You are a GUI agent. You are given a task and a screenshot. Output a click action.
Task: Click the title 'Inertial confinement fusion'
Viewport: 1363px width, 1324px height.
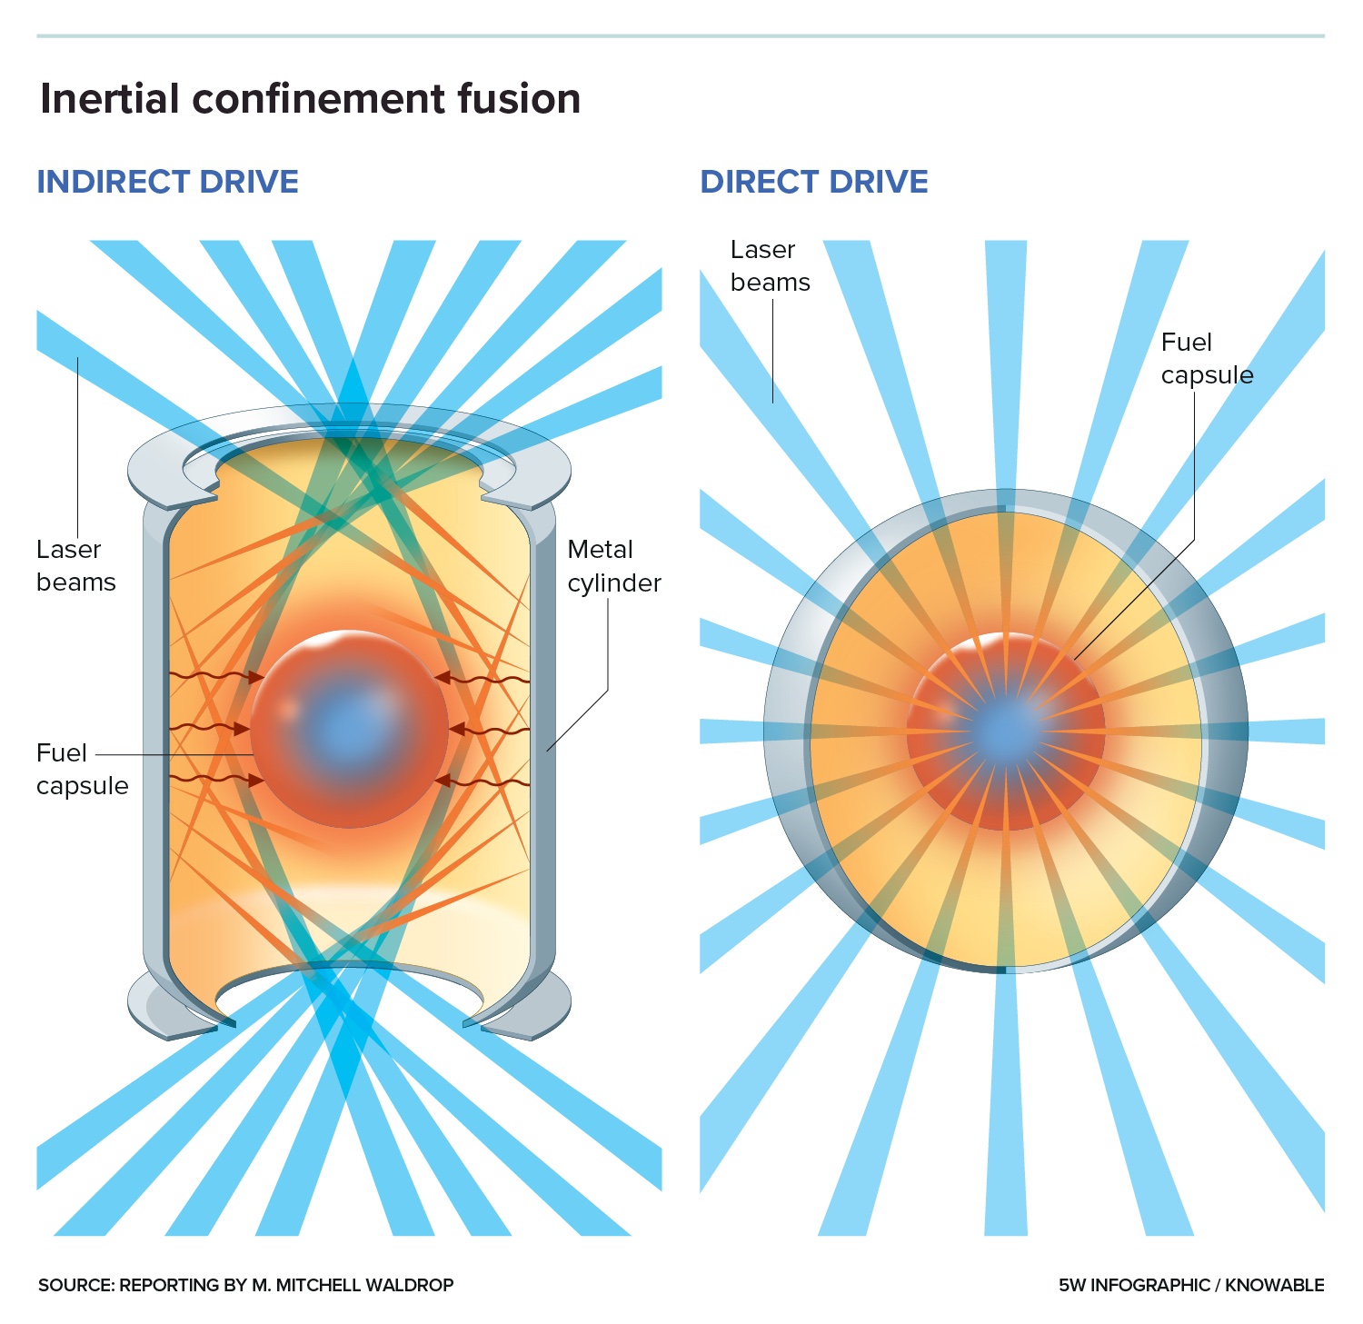(310, 98)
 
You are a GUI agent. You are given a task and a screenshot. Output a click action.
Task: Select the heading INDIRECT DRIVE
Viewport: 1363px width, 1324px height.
(167, 182)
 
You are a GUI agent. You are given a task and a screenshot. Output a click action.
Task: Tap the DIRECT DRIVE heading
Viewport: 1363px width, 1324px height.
(813, 182)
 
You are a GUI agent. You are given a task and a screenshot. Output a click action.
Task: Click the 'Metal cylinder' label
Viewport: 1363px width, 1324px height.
(613, 566)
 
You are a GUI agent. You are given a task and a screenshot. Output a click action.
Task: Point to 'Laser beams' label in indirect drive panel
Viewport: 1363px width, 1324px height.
(75, 565)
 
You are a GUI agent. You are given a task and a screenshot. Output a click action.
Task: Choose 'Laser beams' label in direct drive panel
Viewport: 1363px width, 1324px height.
(769, 265)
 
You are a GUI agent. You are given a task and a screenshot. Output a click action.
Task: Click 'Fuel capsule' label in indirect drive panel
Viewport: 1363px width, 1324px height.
(82, 769)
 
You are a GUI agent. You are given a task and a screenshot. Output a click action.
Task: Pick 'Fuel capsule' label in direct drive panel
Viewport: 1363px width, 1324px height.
(1206, 358)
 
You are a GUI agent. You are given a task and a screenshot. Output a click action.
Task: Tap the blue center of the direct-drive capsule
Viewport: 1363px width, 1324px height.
(1006, 729)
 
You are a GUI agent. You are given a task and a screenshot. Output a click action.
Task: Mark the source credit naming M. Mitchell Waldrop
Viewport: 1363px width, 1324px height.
(245, 1285)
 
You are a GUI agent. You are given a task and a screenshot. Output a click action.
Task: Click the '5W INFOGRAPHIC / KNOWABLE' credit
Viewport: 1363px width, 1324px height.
(1190, 1285)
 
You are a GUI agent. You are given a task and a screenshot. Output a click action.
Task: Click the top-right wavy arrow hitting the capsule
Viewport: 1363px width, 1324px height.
(483, 678)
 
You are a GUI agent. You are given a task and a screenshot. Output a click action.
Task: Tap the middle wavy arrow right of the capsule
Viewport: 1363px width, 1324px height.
(490, 729)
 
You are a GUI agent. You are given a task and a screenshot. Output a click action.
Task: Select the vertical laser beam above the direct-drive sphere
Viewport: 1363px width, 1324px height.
(1006, 363)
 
